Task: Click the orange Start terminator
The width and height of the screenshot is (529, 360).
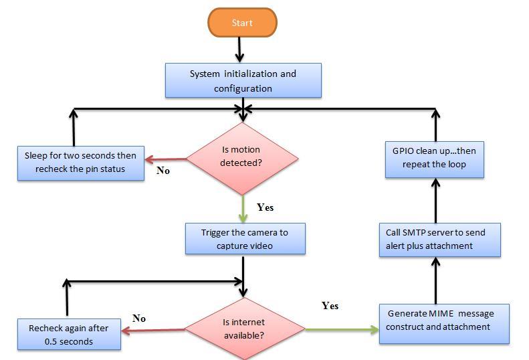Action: pos(242,23)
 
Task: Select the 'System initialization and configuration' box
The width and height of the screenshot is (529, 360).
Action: pos(243,80)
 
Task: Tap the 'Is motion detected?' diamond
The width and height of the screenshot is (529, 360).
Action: pos(241,158)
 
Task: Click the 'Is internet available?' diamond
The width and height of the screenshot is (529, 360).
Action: pos(244,328)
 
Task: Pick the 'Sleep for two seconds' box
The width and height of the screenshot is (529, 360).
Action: pos(80,162)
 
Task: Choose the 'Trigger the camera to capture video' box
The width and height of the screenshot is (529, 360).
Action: pos(245,239)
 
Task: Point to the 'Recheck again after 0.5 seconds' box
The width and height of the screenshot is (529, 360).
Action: pos(69,335)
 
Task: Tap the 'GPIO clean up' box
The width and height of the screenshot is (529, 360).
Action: pos(434,158)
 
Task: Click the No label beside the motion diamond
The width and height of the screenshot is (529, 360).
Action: pos(163,171)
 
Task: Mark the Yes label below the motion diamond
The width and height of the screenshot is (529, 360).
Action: pos(266,207)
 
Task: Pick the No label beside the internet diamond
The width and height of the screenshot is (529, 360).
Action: pos(139,319)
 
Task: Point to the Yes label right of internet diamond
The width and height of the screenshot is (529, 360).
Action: pos(330,306)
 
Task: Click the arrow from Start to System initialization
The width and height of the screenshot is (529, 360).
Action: pos(240,50)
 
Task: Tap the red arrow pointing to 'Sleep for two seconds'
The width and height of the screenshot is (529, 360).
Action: pos(166,159)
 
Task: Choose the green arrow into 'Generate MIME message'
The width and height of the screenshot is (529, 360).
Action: pos(341,329)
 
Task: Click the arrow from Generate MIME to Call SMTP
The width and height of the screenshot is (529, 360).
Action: pos(435,281)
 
